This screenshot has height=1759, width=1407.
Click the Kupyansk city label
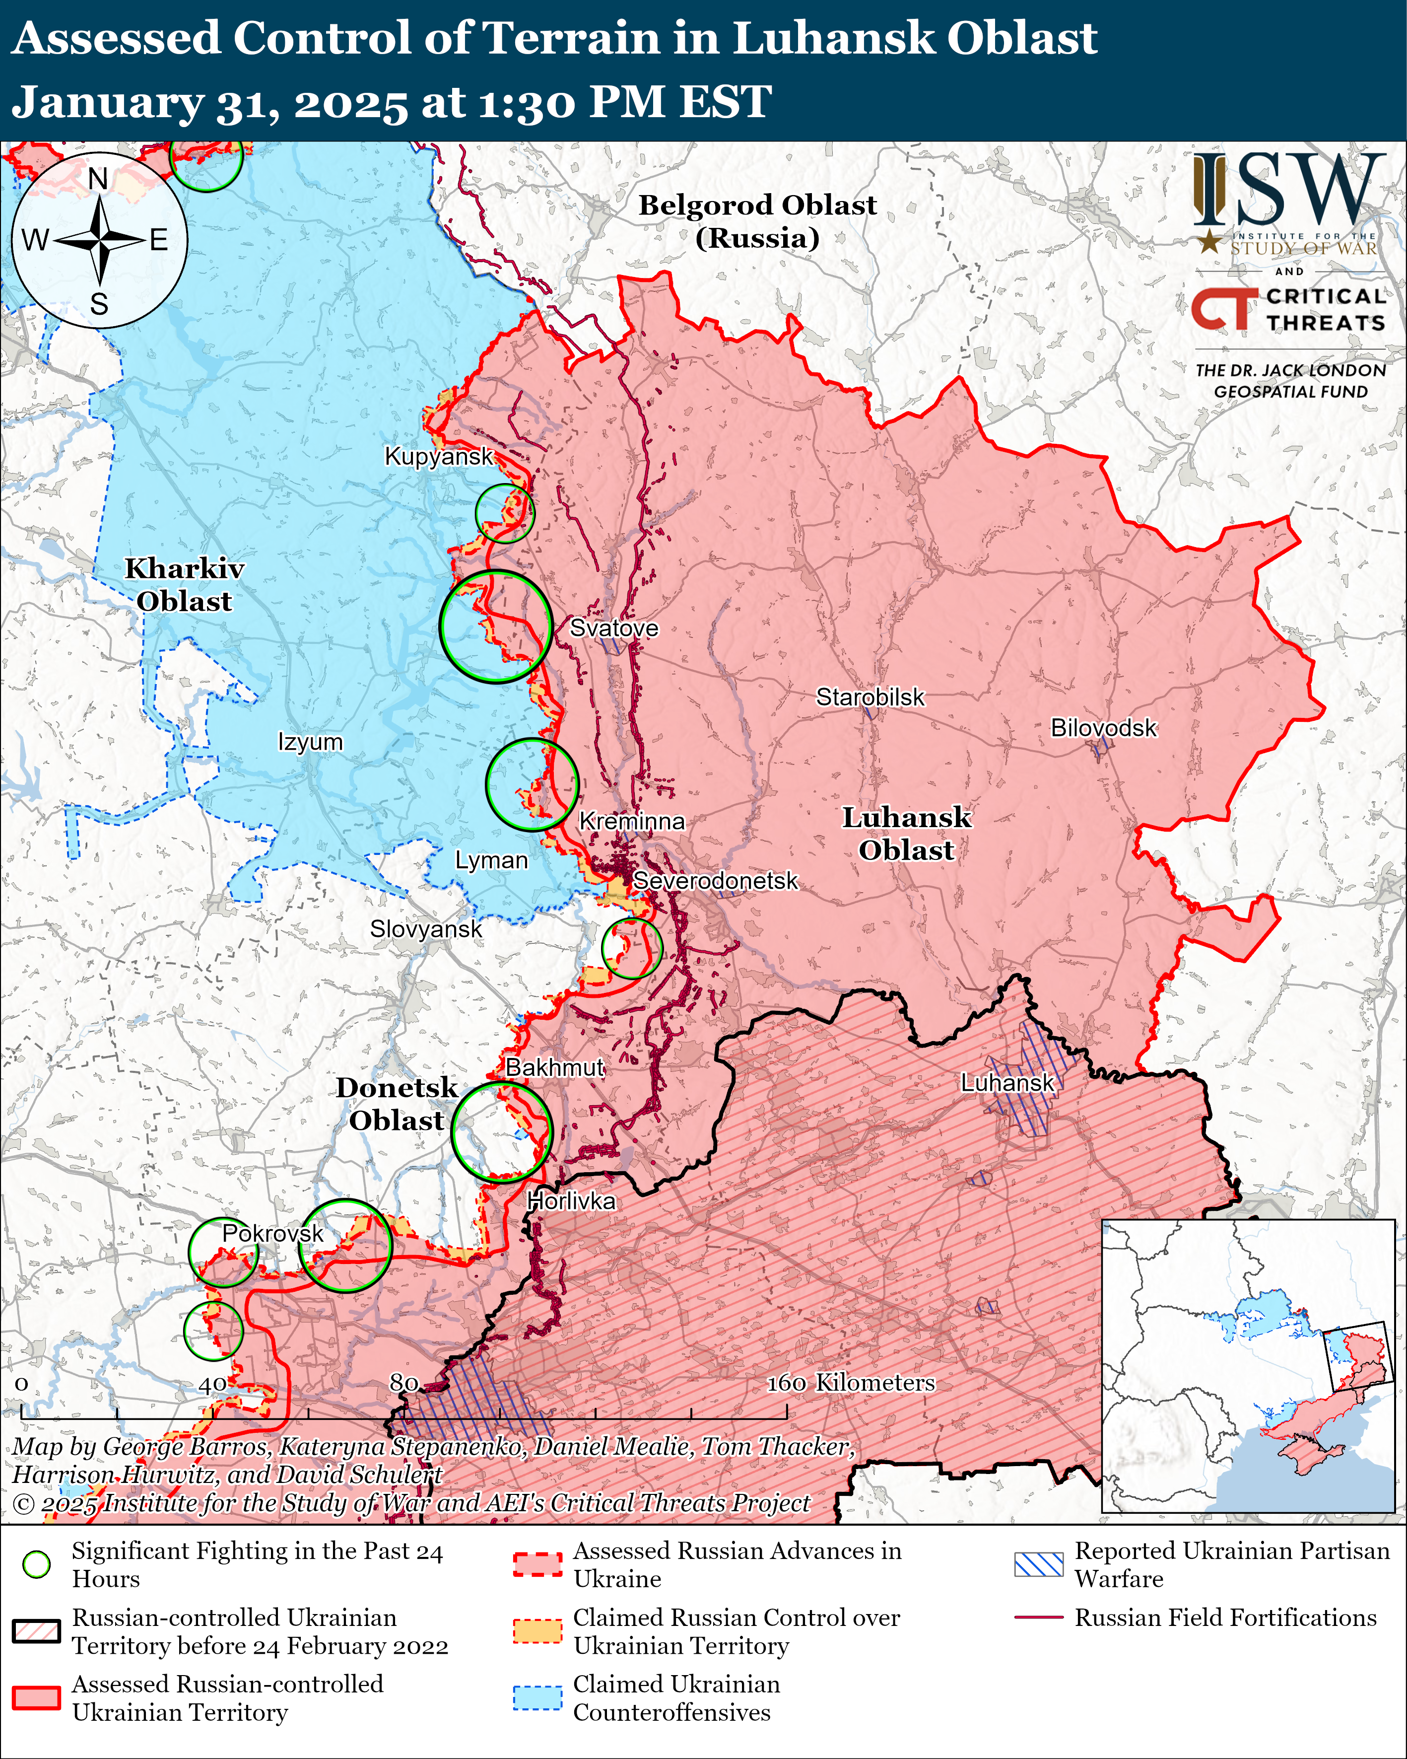(439, 456)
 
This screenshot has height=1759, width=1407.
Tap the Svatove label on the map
(613, 628)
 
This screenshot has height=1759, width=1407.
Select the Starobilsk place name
(871, 698)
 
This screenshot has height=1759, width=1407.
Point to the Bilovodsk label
(1103, 728)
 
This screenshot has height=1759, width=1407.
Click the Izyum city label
(310, 742)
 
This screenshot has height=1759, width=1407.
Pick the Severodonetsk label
(715, 881)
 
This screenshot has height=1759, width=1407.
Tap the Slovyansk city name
(426, 929)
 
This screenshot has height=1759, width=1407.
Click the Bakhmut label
(555, 1067)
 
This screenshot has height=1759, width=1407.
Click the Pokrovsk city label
(272, 1234)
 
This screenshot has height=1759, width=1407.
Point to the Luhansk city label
(1007, 1083)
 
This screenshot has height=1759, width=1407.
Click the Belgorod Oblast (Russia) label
(757, 221)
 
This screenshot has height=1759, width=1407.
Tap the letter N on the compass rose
(98, 179)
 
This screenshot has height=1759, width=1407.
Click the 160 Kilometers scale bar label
(850, 1383)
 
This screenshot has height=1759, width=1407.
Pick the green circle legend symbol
(37, 1564)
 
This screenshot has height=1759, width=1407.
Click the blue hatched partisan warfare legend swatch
(1038, 1564)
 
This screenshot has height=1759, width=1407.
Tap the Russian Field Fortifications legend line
(1038, 1617)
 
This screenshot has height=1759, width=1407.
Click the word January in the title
(106, 103)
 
